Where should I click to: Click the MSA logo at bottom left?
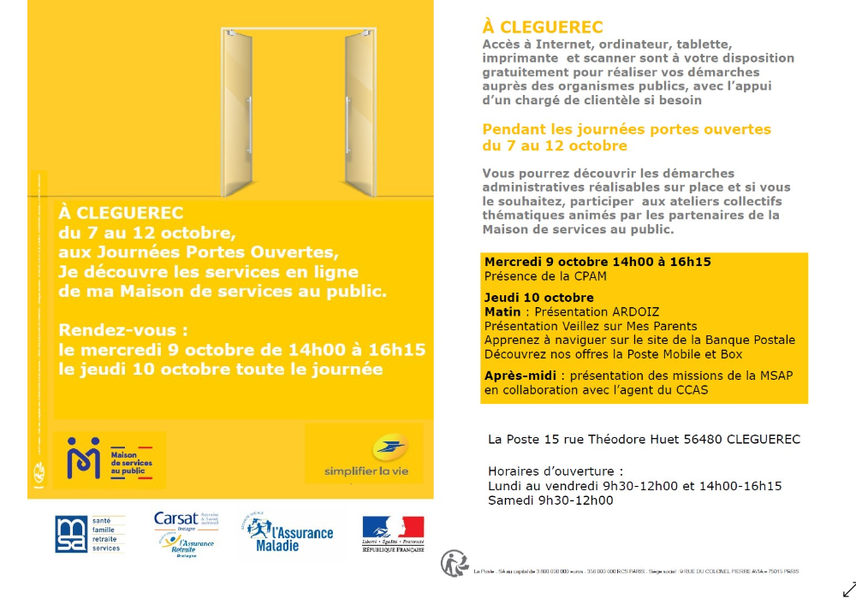coord(89,534)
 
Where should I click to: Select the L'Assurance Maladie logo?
coord(289,533)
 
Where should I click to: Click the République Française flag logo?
coord(393,534)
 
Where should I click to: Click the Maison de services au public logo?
coord(109,459)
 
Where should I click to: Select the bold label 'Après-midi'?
coord(520,376)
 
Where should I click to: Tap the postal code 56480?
coord(703,440)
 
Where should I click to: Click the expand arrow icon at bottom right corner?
coord(848,589)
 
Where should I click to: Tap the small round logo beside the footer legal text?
coord(454,563)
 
